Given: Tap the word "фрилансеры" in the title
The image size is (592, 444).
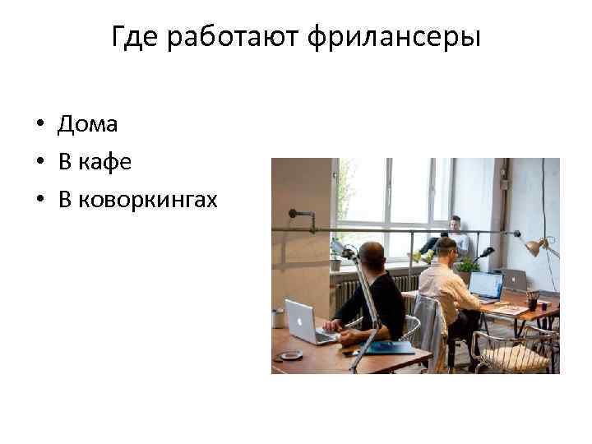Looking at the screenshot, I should pos(395,37).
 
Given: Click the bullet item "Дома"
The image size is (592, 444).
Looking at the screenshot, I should pos(87,125).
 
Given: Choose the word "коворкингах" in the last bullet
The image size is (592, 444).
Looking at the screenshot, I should pos(148,200).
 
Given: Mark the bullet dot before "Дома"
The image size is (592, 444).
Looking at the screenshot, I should pos(39,126).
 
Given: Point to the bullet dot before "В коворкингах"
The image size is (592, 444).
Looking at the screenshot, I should pos(39,201).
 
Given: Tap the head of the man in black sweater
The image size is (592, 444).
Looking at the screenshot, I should pos(372,254).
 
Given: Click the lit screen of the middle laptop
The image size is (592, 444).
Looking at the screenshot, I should pos(485,285).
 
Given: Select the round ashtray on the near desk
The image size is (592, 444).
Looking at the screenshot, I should pos(291,355).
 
